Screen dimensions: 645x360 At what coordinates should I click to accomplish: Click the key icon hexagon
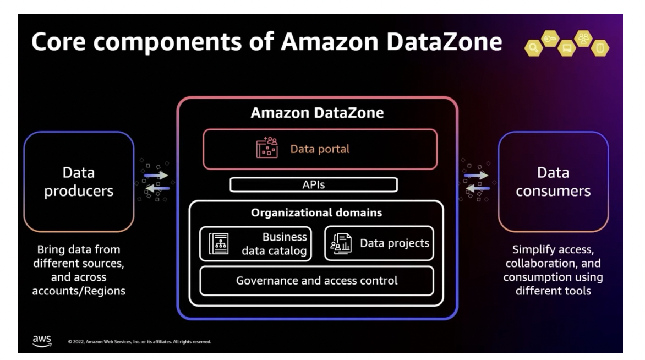[x=550, y=38]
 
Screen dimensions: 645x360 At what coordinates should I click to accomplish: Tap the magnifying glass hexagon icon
[x=533, y=48]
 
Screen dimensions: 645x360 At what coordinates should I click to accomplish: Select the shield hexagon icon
[x=600, y=48]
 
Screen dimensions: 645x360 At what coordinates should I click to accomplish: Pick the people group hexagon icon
[x=583, y=39]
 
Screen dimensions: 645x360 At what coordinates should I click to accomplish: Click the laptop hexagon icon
[x=566, y=48]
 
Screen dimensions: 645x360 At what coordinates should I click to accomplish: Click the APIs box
[x=314, y=185]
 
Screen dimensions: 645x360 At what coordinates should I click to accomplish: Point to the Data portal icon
[x=267, y=148]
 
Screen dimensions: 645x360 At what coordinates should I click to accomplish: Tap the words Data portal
[x=320, y=149]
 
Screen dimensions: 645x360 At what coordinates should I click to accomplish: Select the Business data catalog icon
[x=218, y=244]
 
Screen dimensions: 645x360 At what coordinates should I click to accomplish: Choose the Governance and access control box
[x=316, y=281]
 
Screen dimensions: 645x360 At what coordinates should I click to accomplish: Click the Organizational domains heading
[x=316, y=212]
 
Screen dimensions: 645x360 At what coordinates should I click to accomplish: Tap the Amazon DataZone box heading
[x=317, y=113]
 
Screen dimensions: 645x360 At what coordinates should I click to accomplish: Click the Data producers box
[x=79, y=182]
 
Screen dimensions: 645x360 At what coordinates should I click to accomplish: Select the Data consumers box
[x=553, y=182]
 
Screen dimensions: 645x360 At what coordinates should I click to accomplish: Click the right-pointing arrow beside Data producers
[x=156, y=176]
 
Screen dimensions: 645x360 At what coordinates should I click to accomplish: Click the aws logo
[x=42, y=341]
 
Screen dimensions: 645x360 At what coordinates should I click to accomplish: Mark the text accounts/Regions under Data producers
[x=79, y=291]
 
